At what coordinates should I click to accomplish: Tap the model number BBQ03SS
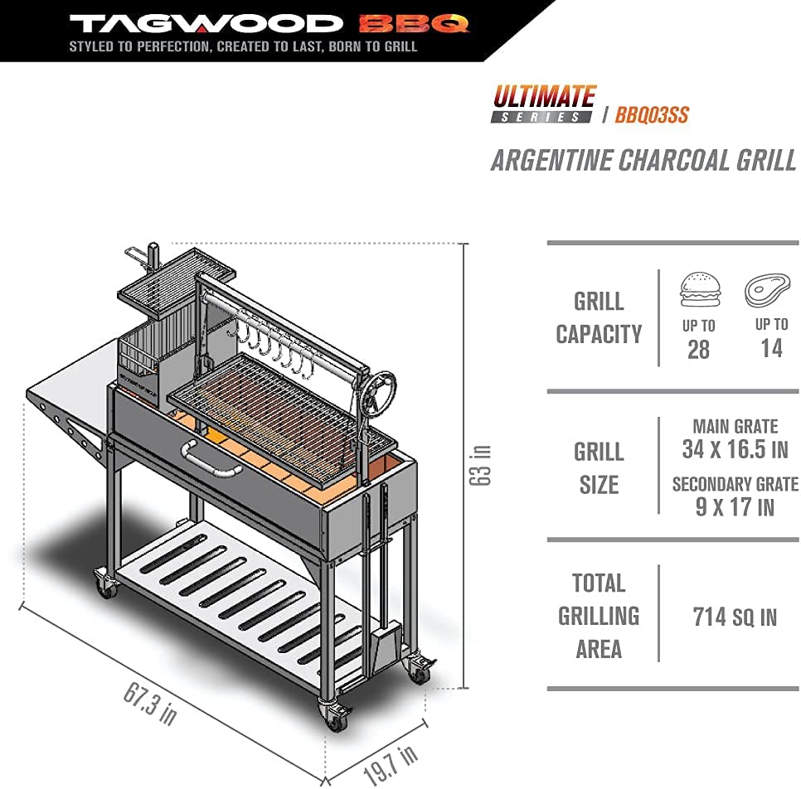[x=652, y=115]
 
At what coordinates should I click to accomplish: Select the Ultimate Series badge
[x=544, y=104]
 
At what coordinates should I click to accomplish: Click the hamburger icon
[x=698, y=290]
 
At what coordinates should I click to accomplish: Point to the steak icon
[x=767, y=290]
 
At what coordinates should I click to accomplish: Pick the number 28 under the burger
[x=698, y=349]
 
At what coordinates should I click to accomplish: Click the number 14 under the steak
[x=771, y=348]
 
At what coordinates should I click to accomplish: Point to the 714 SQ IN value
[x=735, y=616]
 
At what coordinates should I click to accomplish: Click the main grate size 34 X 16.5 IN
[x=735, y=450]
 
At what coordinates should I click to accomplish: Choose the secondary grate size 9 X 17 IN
[x=735, y=506]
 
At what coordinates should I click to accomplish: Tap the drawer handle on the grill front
[x=211, y=458]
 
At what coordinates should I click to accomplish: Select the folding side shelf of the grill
[x=66, y=398]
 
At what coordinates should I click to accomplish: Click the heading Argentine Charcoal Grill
[x=643, y=160]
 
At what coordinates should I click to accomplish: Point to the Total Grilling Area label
[x=599, y=616]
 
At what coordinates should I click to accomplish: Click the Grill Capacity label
[x=599, y=317]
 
